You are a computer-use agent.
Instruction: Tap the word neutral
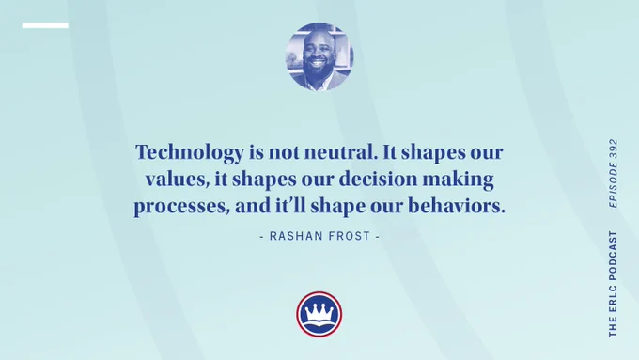tap(339, 152)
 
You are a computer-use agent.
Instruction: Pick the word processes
tap(181, 207)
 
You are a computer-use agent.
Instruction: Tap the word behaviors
tap(457, 206)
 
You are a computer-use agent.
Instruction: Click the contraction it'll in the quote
tap(290, 205)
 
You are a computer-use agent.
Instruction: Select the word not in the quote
tap(284, 153)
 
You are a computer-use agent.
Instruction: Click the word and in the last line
tap(253, 206)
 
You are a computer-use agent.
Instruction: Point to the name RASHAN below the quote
tap(292, 236)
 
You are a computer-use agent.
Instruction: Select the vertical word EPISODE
tap(613, 185)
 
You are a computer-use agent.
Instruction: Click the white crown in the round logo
tap(319, 311)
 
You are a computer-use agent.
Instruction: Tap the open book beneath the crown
tap(319, 326)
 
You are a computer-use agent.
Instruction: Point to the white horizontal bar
tap(45, 25)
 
